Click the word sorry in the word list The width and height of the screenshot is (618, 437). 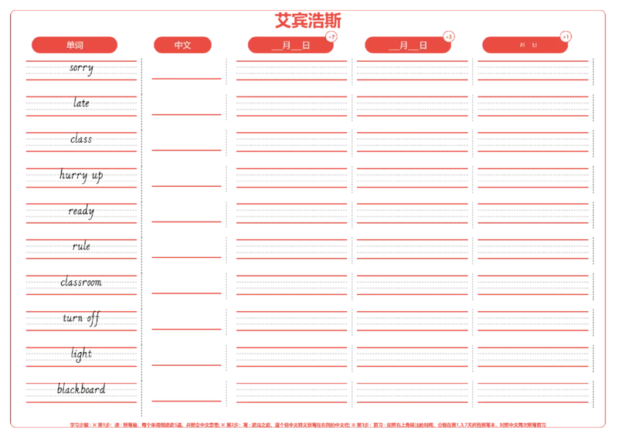pyautogui.click(x=81, y=68)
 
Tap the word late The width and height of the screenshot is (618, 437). pyautogui.click(x=81, y=103)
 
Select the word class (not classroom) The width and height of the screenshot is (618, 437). pyautogui.click(x=80, y=140)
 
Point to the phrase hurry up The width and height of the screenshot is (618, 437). pyautogui.click(x=80, y=175)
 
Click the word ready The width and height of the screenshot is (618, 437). pyautogui.click(x=81, y=211)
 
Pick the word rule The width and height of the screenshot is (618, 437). pyautogui.click(x=81, y=246)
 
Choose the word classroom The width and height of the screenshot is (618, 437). pyautogui.click(x=81, y=283)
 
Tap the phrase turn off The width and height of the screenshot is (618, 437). pyautogui.click(x=81, y=318)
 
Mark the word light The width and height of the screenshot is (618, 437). pyautogui.click(x=80, y=354)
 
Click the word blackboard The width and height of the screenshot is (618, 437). pyautogui.click(x=80, y=389)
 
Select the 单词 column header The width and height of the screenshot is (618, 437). pyautogui.click(x=75, y=45)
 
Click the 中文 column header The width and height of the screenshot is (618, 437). pyautogui.click(x=183, y=45)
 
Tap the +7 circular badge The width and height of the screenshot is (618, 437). pyautogui.click(x=331, y=36)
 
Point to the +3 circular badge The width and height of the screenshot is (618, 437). pyautogui.click(x=449, y=36)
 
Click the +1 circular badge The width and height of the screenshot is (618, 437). pyautogui.click(x=566, y=36)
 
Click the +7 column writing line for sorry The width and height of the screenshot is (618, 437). pyautogui.click(x=291, y=69)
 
